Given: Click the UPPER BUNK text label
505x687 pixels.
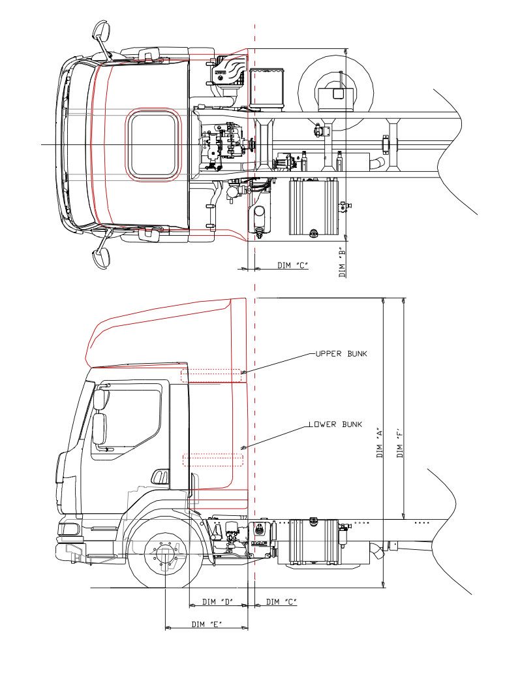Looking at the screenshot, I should pyautogui.click(x=341, y=353).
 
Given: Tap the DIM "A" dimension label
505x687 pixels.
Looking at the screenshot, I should pyautogui.click(x=379, y=443).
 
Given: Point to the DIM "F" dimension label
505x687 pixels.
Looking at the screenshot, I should pyautogui.click(x=399, y=443).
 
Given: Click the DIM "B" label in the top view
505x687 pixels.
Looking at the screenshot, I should pyautogui.click(x=343, y=261).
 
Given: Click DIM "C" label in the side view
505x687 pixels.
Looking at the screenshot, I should pyautogui.click(x=281, y=601).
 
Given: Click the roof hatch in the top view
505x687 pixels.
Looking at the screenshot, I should pyautogui.click(x=153, y=144).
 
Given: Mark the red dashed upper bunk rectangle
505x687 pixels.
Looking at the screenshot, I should pyautogui.click(x=211, y=375).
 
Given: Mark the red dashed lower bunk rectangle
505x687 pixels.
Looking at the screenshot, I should pyautogui.click(x=213, y=460).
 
